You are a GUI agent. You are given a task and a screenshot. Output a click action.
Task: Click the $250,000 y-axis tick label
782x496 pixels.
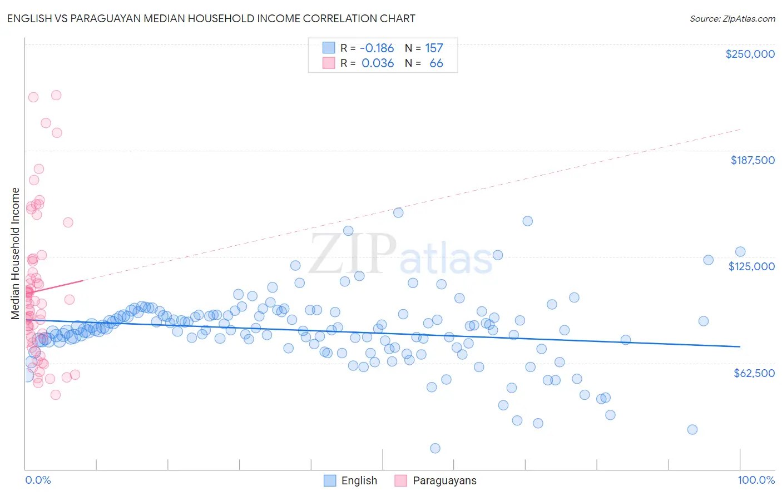pyautogui.click(x=750, y=54)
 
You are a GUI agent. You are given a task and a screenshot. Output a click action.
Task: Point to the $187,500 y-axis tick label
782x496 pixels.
pyautogui.click(x=752, y=160)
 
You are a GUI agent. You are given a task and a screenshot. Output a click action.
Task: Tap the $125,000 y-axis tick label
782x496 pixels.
pyautogui.click(x=751, y=266)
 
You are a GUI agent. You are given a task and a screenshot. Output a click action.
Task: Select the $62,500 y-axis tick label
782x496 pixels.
pyautogui.click(x=754, y=373)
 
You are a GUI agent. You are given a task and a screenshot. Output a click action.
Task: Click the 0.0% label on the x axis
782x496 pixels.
pyautogui.click(x=38, y=480)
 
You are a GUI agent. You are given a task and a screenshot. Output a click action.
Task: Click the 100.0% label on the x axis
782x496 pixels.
pyautogui.click(x=756, y=480)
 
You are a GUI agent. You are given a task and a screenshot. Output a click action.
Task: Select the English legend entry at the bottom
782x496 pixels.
pyautogui.click(x=359, y=480)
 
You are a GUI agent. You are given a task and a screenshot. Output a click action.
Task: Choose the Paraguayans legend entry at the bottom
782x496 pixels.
pyautogui.click(x=444, y=480)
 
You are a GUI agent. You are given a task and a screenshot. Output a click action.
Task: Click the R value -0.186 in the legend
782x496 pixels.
pyautogui.click(x=377, y=48)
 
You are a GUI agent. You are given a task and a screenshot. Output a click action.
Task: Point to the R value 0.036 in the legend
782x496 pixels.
pyautogui.click(x=378, y=63)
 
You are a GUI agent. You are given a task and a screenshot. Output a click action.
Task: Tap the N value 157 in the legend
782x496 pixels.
pyautogui.click(x=434, y=48)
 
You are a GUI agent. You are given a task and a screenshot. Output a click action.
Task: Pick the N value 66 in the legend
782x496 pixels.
pyautogui.click(x=436, y=63)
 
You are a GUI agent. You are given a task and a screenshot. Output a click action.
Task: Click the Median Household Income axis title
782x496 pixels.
pyautogui.click(x=16, y=254)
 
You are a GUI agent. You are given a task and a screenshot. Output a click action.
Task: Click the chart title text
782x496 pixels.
pyautogui.click(x=211, y=18)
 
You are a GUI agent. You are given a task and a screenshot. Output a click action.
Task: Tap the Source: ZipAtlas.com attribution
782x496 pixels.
pyautogui.click(x=732, y=18)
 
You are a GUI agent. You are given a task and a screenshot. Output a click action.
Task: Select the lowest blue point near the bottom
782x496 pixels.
pyautogui.click(x=435, y=448)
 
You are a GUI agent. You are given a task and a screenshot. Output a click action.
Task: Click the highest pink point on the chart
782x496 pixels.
pyautogui.click(x=56, y=95)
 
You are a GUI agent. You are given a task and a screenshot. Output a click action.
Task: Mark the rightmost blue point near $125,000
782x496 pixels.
pyautogui.click(x=740, y=252)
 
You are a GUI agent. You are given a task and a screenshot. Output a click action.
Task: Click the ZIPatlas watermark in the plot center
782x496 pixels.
pyautogui.click(x=400, y=255)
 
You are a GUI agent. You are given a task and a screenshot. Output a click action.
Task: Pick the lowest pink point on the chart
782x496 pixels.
pyautogui.click(x=56, y=395)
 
